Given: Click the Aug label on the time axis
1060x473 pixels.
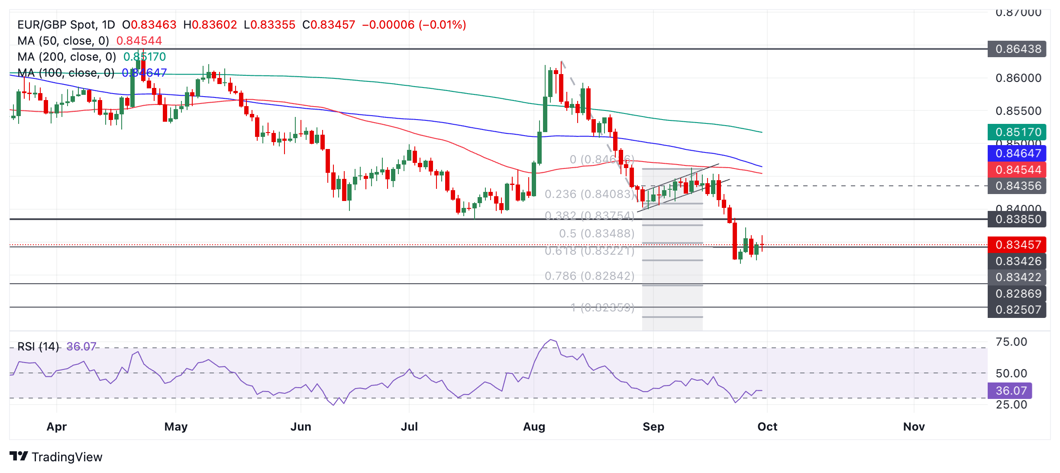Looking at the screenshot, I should pos(534,427).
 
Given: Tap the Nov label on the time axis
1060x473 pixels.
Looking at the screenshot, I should pos(914,427).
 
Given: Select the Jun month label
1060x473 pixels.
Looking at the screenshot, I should pos(301,427).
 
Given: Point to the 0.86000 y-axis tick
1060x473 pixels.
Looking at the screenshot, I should pos(1018,78).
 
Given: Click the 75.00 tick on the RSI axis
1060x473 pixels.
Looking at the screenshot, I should pos(1011,342).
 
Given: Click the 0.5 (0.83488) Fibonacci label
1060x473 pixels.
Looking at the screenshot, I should pos(596,233).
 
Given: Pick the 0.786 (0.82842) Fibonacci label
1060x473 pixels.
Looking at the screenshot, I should pos(589,276).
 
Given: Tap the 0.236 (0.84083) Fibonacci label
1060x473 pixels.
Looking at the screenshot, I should pos(589,194).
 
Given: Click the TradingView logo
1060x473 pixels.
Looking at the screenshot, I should pos(56,457).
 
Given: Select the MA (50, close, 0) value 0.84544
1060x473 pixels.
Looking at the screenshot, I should pos(139,41).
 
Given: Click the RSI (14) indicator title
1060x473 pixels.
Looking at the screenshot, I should pos(38,347).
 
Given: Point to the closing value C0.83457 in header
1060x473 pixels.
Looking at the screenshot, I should pos(329,25).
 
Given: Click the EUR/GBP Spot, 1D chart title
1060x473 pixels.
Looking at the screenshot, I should pos(66,25).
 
